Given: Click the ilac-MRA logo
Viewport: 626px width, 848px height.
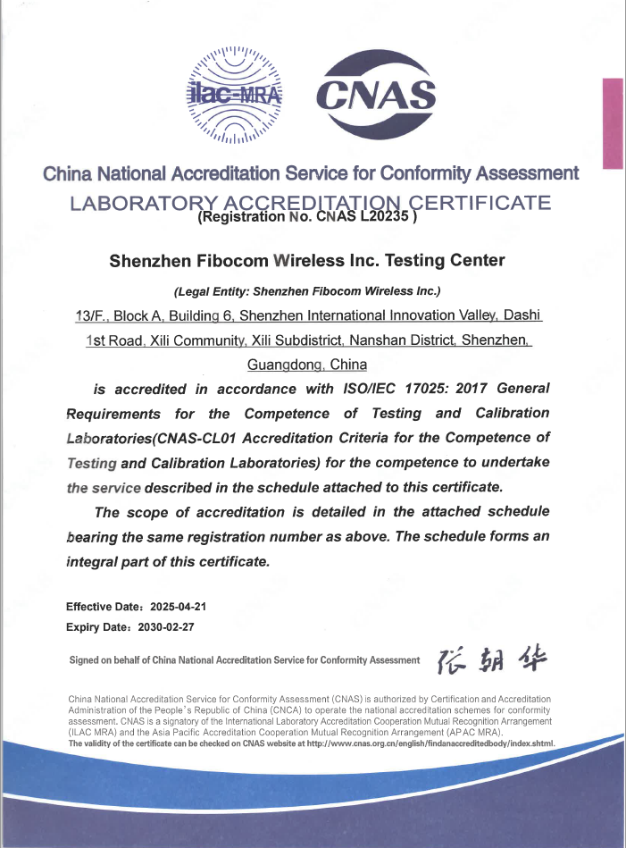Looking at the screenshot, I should (x=234, y=94).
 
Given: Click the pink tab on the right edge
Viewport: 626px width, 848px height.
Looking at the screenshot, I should (x=613, y=123).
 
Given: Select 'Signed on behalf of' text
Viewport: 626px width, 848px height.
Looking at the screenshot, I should (x=113, y=660).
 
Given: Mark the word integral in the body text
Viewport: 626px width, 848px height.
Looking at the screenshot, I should (x=94, y=563).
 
